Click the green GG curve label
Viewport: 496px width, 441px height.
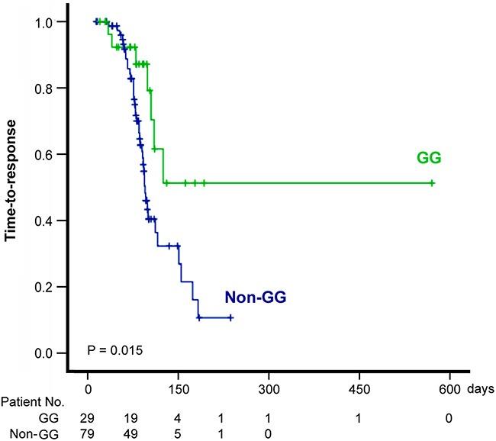click(x=430, y=158)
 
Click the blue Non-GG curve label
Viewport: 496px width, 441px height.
click(x=254, y=298)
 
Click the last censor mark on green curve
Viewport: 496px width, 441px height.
click(x=432, y=183)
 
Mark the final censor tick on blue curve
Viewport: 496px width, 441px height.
click(x=230, y=318)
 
